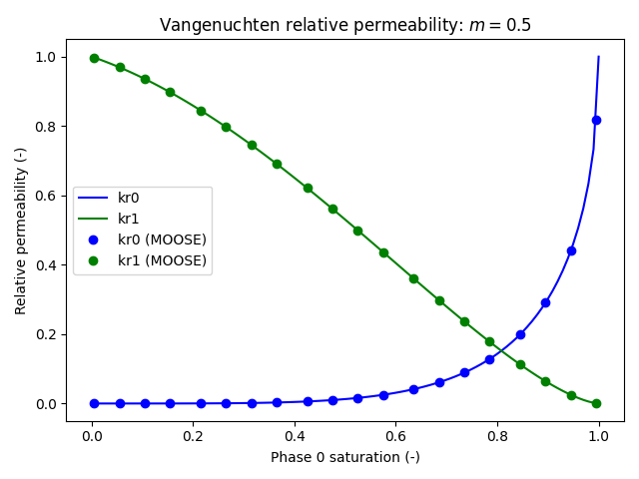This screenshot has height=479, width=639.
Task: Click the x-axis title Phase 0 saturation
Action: point(344,457)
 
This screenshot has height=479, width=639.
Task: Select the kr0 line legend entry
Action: point(128,199)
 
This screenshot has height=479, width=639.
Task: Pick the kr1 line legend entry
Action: point(128,219)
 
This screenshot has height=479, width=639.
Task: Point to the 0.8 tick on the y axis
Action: point(42,127)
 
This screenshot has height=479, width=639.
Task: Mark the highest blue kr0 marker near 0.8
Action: point(596,120)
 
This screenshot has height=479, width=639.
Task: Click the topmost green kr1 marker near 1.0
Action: point(94,58)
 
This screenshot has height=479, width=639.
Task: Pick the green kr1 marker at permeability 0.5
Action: point(357,231)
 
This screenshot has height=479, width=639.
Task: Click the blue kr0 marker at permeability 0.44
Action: point(571,250)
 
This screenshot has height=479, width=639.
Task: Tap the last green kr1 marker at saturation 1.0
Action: point(596,403)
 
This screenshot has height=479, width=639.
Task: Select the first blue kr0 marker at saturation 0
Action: point(94,403)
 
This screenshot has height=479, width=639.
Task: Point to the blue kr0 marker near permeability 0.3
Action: point(545,302)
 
